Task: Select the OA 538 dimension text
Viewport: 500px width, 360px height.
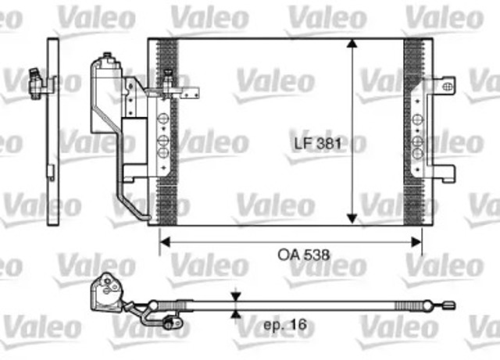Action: (291, 254)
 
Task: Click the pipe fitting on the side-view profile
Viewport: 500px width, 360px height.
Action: (34, 80)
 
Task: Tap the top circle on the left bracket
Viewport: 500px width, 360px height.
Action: (163, 119)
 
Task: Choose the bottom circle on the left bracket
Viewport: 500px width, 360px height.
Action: (163, 152)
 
